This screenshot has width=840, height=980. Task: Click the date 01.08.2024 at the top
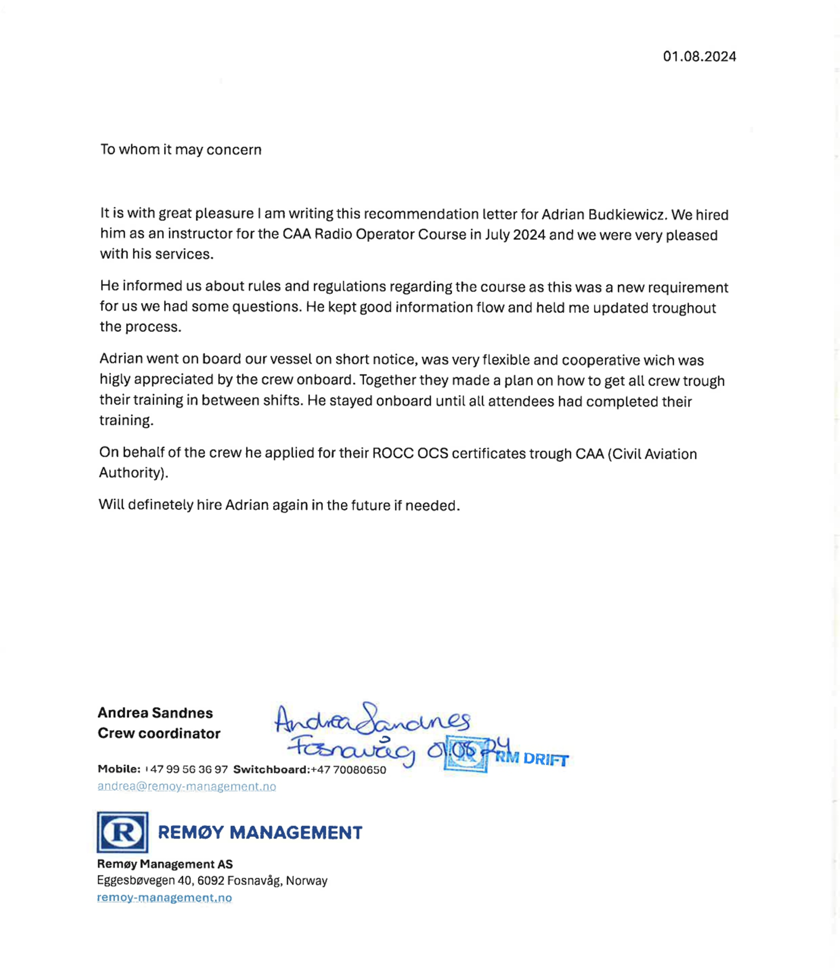coord(699,56)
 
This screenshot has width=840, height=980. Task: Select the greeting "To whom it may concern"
coord(180,149)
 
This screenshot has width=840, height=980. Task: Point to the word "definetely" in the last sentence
coord(160,505)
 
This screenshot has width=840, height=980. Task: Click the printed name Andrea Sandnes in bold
coord(155,713)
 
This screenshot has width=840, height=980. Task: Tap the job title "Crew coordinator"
coord(159,733)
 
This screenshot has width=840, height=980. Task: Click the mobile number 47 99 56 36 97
coord(189,769)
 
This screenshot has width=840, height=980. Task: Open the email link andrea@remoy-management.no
coord(187,786)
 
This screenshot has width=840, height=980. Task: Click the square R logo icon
coord(123,832)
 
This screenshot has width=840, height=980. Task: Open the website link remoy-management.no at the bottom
coord(164,898)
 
